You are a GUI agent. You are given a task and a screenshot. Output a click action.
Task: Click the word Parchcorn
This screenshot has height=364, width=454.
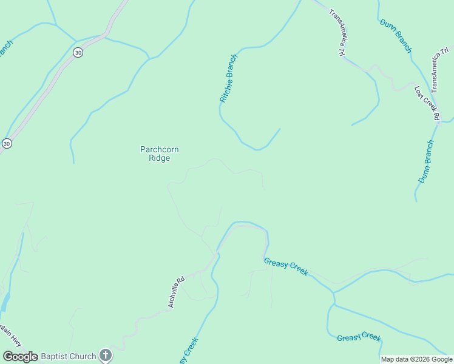pyautogui.click(x=160, y=149)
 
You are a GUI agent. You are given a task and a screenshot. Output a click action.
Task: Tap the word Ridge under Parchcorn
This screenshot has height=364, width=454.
pyautogui.click(x=160, y=158)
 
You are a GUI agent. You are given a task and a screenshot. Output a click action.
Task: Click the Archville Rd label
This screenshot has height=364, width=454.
pyautogui.click(x=176, y=292)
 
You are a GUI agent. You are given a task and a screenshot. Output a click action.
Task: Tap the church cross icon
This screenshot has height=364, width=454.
pyautogui.click(x=106, y=356)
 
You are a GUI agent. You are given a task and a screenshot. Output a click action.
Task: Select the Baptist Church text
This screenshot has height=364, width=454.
pyautogui.click(x=68, y=357)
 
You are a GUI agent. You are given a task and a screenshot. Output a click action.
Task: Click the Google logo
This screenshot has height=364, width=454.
pyautogui.click(x=21, y=357)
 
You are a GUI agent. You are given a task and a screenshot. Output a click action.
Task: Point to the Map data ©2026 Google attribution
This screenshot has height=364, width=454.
pyautogui.click(x=416, y=359)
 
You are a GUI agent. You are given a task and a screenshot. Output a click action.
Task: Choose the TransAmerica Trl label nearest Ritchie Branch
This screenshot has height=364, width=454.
pyautogui.click(x=337, y=33)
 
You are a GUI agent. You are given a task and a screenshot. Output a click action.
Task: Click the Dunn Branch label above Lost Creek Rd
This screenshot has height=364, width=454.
pyautogui.click(x=396, y=35)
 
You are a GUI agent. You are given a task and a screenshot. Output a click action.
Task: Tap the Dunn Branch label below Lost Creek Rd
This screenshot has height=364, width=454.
pyautogui.click(x=427, y=161)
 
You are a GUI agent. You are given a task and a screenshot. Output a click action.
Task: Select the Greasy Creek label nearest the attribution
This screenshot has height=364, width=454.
pyautogui.click(x=359, y=337)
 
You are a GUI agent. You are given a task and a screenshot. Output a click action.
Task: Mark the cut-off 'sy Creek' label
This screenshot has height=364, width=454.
pyautogui.click(x=189, y=352)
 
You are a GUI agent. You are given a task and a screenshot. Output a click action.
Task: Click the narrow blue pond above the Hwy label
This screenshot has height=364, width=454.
pyautogui.click(x=5, y=302)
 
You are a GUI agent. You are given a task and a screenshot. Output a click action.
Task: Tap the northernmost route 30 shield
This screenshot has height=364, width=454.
pyautogui.click(x=78, y=53)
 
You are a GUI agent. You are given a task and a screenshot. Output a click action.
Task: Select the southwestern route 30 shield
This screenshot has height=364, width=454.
pyautogui.click(x=6, y=143)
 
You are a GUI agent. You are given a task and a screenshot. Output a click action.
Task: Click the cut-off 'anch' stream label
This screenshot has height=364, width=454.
pyautogui.click(x=5, y=49)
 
